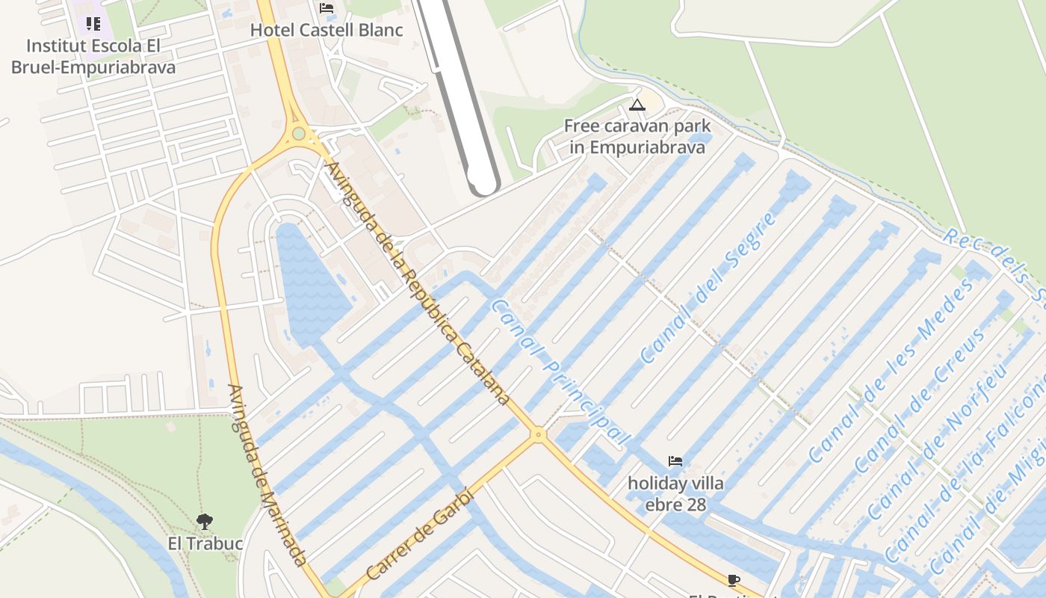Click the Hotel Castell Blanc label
[x=327, y=31]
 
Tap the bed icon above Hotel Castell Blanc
[x=327, y=8]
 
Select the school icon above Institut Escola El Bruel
[x=93, y=24]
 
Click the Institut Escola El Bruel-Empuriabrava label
[x=93, y=57]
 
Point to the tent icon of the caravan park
[x=637, y=105]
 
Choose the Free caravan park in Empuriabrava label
[x=637, y=136]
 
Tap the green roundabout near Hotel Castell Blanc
[x=299, y=134]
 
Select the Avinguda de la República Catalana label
[x=418, y=284]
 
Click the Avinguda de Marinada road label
[x=267, y=475]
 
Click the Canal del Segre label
[x=708, y=288]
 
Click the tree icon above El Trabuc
[x=205, y=521]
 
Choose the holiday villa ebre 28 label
[x=675, y=494]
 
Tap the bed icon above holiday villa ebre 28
[x=675, y=461]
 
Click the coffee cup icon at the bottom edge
[x=734, y=580]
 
